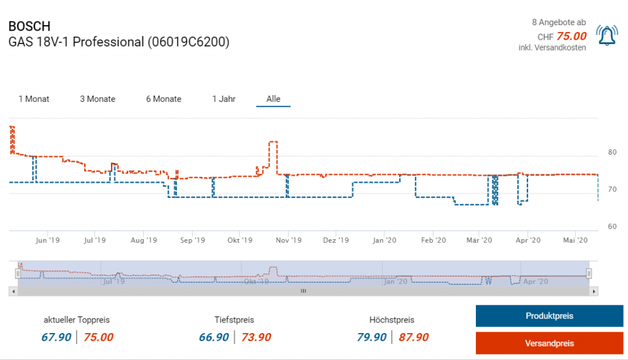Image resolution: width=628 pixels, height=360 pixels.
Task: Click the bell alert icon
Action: [607, 36]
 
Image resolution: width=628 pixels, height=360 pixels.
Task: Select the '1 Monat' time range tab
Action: [34, 99]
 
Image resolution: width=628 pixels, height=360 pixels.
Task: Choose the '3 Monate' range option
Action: [98, 99]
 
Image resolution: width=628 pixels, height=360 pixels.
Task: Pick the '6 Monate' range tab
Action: [164, 99]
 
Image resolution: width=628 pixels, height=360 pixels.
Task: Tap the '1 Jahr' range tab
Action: [224, 99]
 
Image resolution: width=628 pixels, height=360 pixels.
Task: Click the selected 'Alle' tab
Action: [274, 99]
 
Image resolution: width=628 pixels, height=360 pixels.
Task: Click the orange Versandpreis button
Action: [549, 343]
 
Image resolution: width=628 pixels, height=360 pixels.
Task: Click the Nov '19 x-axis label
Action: [288, 240]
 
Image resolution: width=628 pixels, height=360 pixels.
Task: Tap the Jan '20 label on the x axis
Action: [385, 240]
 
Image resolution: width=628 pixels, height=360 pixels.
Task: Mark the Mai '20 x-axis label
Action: [576, 240]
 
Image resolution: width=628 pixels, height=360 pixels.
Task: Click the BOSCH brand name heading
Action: [29, 27]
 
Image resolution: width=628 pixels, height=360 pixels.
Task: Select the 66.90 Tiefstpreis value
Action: [214, 337]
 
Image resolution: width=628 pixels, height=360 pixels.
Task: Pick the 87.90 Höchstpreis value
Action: [414, 337]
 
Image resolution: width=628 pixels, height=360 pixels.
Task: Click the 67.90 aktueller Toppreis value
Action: [56, 337]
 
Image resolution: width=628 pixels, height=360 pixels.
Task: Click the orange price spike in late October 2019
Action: [274, 142]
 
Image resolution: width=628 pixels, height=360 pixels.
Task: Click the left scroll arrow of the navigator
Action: [12, 291]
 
